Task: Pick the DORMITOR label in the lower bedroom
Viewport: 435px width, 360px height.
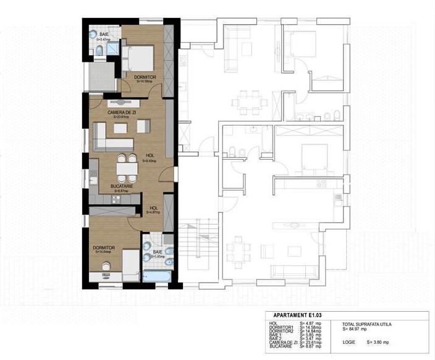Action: point(103,247)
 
